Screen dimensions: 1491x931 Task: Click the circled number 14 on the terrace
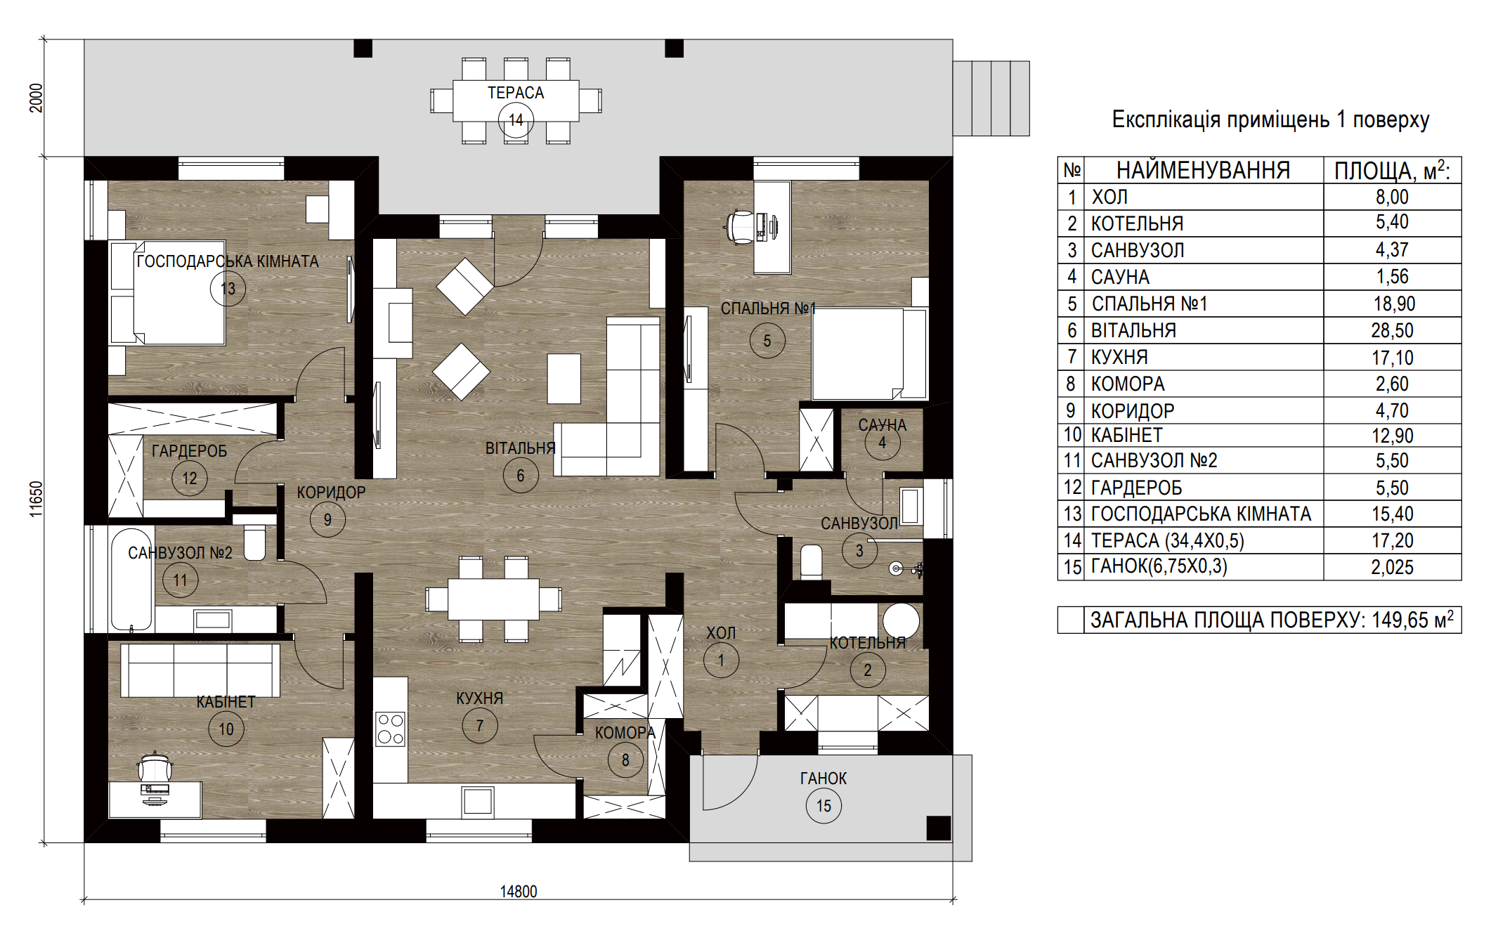click(516, 120)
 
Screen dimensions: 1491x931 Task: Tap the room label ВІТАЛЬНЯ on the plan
click(520, 448)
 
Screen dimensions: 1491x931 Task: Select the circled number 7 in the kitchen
click(480, 725)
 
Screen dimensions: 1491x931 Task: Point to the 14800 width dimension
click(519, 892)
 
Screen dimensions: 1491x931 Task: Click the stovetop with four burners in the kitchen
click(390, 729)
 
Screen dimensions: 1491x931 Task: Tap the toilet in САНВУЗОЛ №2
click(254, 542)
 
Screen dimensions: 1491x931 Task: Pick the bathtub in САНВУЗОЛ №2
click(131, 580)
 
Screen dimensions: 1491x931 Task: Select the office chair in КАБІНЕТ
click(155, 767)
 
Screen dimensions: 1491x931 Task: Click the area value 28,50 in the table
click(1392, 330)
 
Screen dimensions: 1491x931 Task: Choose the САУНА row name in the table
click(1120, 277)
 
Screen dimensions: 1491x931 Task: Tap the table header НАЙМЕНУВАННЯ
click(1203, 170)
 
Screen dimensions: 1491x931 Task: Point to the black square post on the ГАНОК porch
click(939, 828)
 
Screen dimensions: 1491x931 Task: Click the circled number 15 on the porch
click(823, 806)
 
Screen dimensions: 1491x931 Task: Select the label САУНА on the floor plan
click(882, 425)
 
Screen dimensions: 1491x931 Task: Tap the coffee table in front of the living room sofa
click(564, 379)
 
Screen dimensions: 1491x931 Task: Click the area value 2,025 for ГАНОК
click(1392, 567)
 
